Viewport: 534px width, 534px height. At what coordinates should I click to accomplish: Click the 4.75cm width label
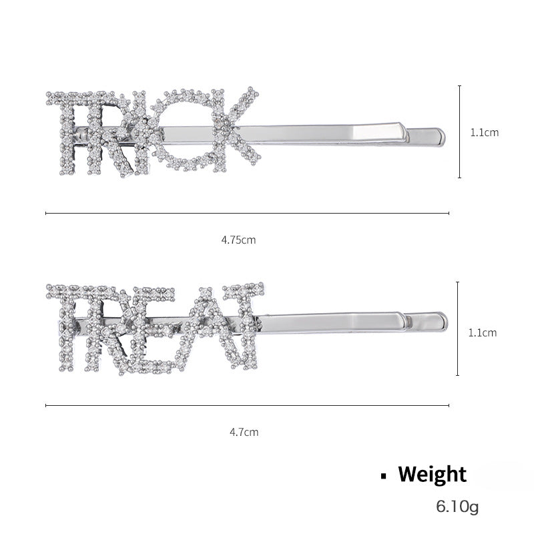pos(238,240)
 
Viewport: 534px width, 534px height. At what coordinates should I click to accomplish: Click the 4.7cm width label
pos(244,432)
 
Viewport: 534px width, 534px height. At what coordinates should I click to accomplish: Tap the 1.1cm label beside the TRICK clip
pos(484,132)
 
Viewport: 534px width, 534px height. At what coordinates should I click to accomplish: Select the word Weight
pos(432,475)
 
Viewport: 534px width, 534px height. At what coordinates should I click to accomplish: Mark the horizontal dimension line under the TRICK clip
pos(247,214)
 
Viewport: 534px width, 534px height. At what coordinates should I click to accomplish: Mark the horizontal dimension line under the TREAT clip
pos(247,405)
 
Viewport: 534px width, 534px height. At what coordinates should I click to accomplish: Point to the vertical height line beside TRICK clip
pos(459,131)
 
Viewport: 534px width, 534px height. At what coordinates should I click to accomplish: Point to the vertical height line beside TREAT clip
pos(458,328)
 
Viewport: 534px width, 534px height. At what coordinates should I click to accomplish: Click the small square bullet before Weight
pos(384,477)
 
